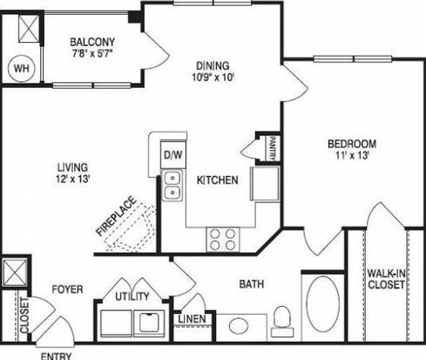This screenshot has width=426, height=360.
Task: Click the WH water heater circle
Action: coord(22,69)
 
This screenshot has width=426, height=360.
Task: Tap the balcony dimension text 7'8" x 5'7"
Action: coord(92,54)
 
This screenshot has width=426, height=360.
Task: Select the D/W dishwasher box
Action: coord(173,154)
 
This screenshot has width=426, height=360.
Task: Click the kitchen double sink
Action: coord(172,186)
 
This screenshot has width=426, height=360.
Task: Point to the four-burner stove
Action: coord(223,240)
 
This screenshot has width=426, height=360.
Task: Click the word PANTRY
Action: coord(273,148)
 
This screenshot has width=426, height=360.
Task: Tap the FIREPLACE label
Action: coord(116,216)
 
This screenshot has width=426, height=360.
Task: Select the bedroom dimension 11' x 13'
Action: coord(352,155)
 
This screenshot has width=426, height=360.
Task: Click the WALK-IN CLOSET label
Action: coord(386,279)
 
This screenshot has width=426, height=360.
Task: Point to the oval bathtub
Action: coord(322,304)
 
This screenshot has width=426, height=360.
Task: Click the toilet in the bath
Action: coord(282,322)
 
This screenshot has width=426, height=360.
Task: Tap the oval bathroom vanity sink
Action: coord(239,325)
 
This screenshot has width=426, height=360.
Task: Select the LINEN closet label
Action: coord(192,319)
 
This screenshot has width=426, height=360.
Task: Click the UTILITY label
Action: coord(132,296)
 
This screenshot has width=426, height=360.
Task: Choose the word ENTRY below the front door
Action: coord(56,357)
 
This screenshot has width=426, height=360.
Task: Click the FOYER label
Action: coord(67,289)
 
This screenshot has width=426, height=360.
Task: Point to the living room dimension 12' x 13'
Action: coord(72,179)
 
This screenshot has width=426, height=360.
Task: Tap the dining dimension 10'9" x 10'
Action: coord(213,78)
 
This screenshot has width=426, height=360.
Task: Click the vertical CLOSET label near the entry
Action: coord(24,316)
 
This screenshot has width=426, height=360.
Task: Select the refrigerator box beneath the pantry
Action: coord(265,183)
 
